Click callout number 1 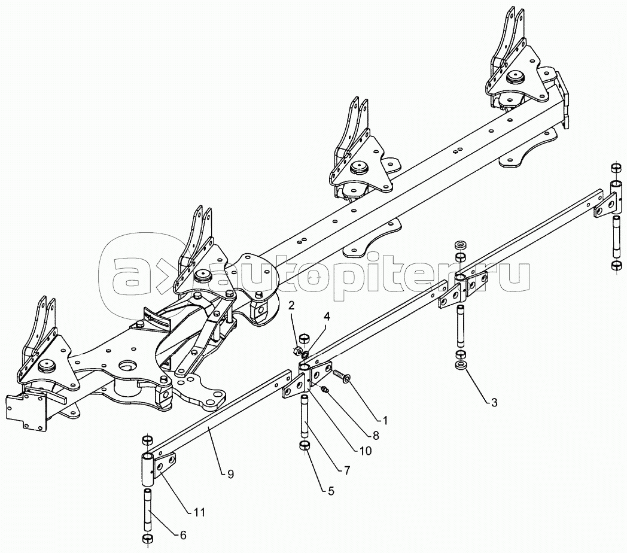pos(385,420)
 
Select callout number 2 pos(291,306)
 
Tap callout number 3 pos(494,403)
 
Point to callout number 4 pos(327,317)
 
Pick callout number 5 pos(331,491)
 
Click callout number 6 pos(182,535)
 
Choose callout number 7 pos(346,470)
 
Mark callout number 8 pos(376,435)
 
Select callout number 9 pos(230,474)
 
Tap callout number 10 pos(366,451)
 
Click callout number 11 pos(199,512)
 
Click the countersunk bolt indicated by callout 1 pos(341,375)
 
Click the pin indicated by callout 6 pos(148,508)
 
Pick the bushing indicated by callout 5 pos(306,445)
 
